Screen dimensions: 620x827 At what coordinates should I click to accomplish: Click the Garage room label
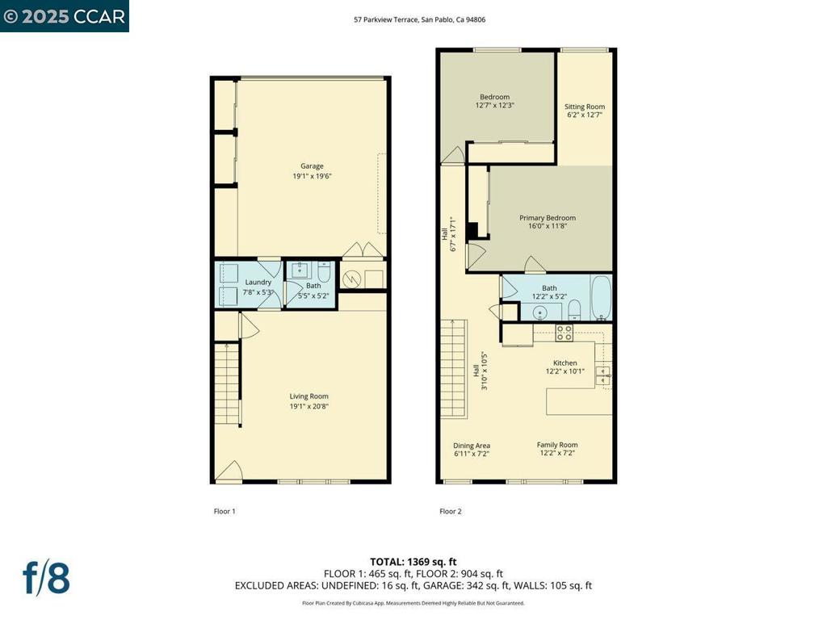(x=312, y=166)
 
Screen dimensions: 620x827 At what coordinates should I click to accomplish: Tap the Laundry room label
(x=258, y=282)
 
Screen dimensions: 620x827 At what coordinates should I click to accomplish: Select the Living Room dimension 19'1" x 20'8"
(x=309, y=406)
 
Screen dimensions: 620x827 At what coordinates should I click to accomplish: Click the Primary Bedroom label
(x=548, y=218)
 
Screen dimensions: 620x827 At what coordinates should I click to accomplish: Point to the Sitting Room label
(x=584, y=107)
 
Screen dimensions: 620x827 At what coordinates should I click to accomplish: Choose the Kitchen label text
(x=565, y=362)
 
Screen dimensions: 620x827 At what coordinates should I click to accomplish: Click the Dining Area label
(x=472, y=446)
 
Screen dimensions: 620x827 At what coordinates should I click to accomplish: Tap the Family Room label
(x=557, y=445)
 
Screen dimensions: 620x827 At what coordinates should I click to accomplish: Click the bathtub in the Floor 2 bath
(x=601, y=298)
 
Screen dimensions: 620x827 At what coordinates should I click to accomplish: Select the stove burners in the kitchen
(x=565, y=331)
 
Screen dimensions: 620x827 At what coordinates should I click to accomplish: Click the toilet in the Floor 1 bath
(x=324, y=271)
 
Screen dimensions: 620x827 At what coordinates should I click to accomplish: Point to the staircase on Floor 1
(x=228, y=383)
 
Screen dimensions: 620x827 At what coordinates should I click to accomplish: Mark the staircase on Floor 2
(x=455, y=368)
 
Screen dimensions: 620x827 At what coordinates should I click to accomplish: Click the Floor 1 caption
(x=225, y=511)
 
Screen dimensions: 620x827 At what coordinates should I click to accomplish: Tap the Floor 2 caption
(x=451, y=511)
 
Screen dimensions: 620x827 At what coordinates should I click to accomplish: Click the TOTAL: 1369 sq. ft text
(x=413, y=561)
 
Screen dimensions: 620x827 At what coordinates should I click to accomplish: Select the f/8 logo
(x=46, y=579)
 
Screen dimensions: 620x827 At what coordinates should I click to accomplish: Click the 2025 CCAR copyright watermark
(x=65, y=16)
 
